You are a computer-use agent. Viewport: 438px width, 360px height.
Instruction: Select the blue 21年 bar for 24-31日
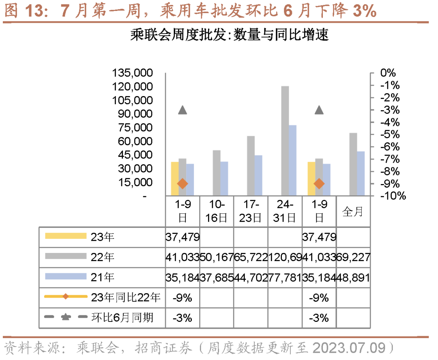(292, 161)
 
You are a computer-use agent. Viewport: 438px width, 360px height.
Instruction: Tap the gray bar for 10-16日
(217, 173)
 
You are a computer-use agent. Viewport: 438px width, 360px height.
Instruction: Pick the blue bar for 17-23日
(258, 176)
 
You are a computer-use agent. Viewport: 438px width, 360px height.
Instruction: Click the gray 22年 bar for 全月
(353, 164)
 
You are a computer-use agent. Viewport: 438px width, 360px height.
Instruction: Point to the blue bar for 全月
(361, 174)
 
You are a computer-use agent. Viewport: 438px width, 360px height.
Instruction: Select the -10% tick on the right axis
(392, 196)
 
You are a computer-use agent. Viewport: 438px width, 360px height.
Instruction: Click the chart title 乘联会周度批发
(229, 35)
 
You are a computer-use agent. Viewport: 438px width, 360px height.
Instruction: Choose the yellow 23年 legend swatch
(65, 236)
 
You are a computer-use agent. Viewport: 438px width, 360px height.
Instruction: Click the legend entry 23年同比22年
(126, 298)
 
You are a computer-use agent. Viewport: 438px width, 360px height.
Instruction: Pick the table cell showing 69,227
(353, 257)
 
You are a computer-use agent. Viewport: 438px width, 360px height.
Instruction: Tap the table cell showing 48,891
(353, 277)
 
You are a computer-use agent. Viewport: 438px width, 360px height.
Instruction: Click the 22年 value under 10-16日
(217, 257)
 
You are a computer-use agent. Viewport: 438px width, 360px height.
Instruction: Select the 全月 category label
(353, 212)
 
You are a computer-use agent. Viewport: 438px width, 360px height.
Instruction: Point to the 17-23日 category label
(251, 211)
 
